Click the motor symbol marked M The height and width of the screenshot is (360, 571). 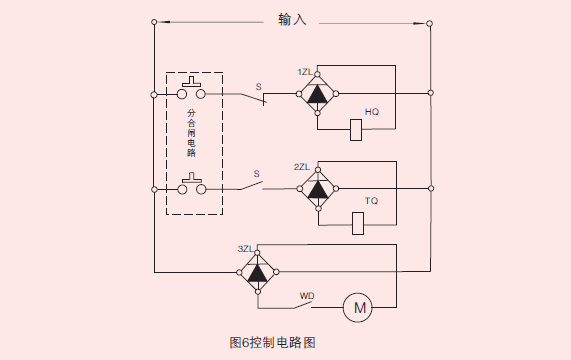(357, 307)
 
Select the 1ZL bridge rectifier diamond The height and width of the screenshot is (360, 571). (318, 93)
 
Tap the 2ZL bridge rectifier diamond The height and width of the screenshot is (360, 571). (318, 188)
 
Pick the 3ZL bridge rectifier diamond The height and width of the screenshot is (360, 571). (257, 271)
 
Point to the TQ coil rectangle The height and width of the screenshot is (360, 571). (358, 222)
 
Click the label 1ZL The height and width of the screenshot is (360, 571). (305, 72)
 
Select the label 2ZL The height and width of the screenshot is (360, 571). (303, 167)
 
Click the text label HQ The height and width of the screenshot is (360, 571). (372, 111)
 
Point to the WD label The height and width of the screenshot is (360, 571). (307, 295)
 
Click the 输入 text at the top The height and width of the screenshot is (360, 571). (291, 19)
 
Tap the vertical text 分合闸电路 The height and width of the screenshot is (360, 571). (191, 134)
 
